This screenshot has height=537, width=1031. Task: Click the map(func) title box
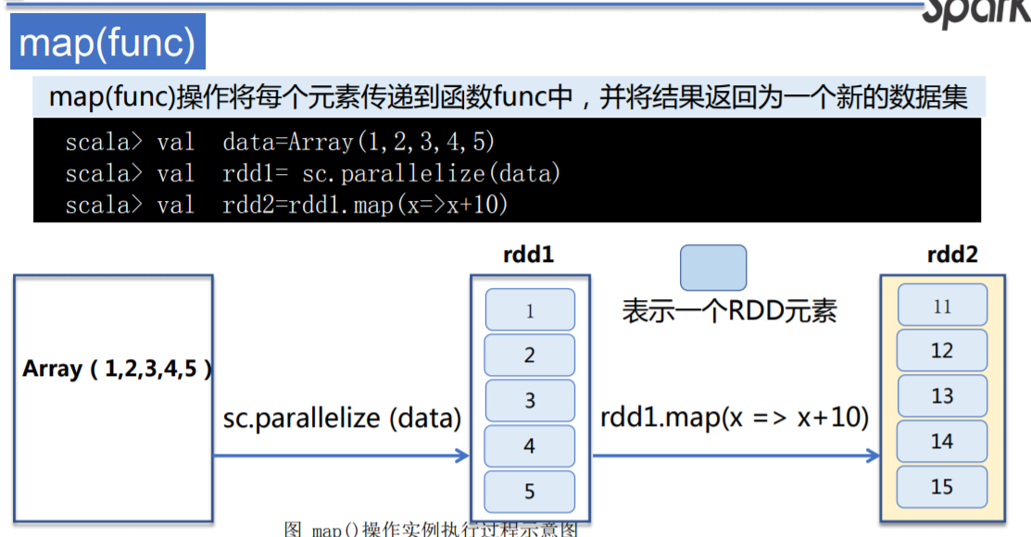point(107,44)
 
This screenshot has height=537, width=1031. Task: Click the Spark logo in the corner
point(977,11)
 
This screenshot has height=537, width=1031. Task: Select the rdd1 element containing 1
point(530,310)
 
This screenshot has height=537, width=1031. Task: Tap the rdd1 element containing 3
point(530,401)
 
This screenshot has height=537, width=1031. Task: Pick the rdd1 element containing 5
point(530,491)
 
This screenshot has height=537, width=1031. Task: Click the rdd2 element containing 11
point(941,306)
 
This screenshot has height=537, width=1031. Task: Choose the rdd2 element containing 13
point(941,395)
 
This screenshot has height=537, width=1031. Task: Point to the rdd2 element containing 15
point(941,486)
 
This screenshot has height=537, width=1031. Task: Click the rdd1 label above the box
point(529,255)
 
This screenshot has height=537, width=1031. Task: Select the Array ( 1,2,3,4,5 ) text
point(117,368)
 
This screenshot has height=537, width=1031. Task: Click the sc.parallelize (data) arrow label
point(342,418)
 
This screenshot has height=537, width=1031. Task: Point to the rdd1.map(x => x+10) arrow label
point(735,418)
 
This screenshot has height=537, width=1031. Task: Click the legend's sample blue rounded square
point(713,268)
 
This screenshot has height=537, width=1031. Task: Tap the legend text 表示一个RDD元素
point(729,310)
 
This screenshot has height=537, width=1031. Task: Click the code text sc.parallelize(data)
point(432,173)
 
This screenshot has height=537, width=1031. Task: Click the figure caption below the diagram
point(431,530)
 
